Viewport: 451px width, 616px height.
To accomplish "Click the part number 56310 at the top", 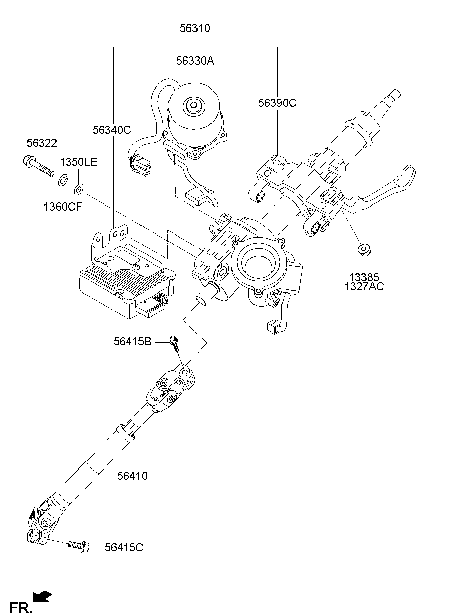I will tap(194, 28).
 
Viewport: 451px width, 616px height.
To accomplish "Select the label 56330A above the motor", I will tap(195, 61).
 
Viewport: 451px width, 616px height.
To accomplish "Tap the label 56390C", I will tap(277, 103).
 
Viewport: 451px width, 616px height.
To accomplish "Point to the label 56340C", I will tap(112, 130).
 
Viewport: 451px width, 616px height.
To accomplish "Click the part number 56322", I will tap(42, 144).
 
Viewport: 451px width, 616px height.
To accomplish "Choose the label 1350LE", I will tap(79, 162).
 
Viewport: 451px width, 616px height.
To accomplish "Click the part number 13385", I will tap(364, 277).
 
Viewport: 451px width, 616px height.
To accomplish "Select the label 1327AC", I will tap(364, 287).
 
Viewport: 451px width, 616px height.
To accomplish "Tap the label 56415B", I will tap(132, 342).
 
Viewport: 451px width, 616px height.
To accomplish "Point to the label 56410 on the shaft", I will tap(132, 476).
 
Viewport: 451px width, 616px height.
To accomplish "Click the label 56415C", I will tap(124, 547).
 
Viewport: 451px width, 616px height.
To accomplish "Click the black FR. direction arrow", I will tap(43, 596).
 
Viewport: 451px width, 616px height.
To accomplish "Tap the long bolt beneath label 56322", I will tap(39, 167).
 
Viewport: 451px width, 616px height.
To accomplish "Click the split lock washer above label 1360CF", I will tap(63, 180).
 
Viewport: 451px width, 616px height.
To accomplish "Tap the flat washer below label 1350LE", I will tap(79, 190).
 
